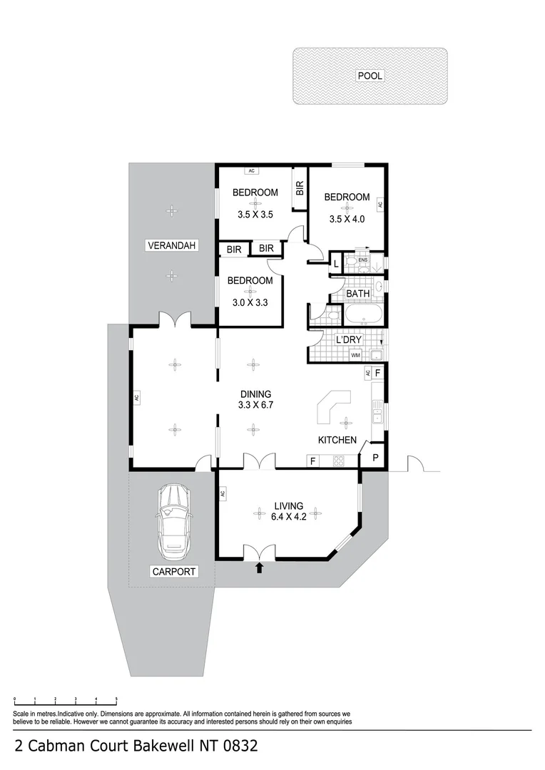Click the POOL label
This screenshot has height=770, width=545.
click(370, 76)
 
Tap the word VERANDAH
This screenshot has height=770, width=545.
click(171, 246)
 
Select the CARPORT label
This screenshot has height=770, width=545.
click(173, 572)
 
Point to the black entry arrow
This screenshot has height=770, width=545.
click(260, 568)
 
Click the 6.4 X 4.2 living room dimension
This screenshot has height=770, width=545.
click(290, 518)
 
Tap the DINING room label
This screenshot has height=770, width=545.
click(255, 394)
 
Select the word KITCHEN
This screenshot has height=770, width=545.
click(337, 440)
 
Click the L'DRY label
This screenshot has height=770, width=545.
click(349, 340)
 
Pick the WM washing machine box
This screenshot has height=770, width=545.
click(355, 355)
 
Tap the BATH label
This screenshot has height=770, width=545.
click(357, 294)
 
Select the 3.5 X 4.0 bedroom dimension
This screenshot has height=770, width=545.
click(347, 220)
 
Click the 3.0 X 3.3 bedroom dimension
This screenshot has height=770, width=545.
click(250, 303)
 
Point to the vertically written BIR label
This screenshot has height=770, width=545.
click(300, 188)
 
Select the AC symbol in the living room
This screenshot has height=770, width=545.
click(223, 493)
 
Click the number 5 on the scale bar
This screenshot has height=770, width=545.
click(116, 700)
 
